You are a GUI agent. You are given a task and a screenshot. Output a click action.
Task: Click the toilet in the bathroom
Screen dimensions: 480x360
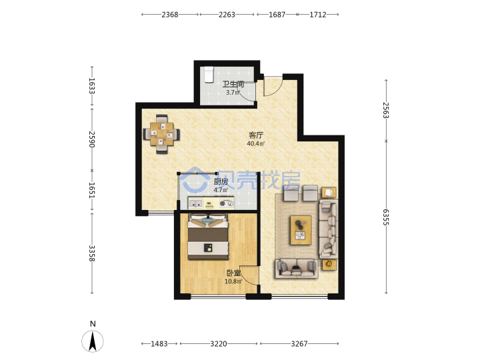click(x=209, y=75)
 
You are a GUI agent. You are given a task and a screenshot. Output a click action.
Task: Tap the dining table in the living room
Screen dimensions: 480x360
click(x=161, y=134)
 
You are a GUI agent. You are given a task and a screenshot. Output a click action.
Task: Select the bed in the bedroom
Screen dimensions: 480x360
click(x=208, y=237)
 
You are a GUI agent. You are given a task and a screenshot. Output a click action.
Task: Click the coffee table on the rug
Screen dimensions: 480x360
click(x=301, y=230)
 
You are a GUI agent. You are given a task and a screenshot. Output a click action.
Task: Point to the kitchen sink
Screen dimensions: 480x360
click(x=195, y=203)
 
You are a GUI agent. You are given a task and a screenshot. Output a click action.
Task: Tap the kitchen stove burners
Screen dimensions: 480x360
click(x=227, y=203)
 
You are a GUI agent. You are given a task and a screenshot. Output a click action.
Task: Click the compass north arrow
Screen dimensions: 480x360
click(x=93, y=341)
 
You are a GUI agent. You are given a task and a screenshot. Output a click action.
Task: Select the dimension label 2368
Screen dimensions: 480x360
click(x=170, y=15)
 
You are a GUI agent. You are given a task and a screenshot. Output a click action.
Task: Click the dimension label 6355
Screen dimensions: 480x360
click(x=386, y=217)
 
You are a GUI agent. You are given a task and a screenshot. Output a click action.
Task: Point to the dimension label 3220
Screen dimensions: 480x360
click(x=219, y=344)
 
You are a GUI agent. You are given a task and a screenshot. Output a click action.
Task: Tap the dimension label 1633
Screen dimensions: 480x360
click(x=92, y=86)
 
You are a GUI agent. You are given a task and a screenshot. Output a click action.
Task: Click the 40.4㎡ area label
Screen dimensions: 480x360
click(x=256, y=143)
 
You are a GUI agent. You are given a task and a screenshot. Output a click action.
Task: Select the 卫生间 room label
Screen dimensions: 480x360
click(x=233, y=84)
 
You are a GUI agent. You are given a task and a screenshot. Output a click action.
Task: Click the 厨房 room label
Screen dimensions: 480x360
click(x=221, y=181)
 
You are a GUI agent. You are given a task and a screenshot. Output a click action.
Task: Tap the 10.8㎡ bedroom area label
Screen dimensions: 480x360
click(x=233, y=281)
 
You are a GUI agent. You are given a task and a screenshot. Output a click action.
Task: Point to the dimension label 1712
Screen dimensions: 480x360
click(x=318, y=15)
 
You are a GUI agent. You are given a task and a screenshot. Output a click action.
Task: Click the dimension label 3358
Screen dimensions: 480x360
click(x=92, y=253)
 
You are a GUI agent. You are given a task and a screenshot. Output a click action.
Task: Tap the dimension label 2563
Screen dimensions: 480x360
click(x=386, y=110)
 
